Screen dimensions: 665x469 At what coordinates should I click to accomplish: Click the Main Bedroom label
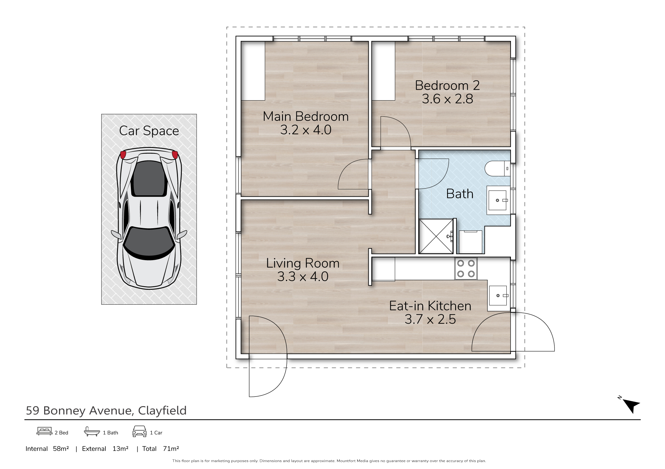pos(306,116)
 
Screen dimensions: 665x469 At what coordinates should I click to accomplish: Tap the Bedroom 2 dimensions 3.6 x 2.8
pos(447,99)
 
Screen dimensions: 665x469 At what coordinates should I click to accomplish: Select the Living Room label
pos(303,263)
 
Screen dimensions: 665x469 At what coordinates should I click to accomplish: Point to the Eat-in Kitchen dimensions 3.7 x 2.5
pos(430,319)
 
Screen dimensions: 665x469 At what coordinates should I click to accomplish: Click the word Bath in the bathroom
pos(460,194)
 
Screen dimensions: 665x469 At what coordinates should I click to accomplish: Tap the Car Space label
pos(149,131)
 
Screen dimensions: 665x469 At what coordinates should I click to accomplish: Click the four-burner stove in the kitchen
pos(466,269)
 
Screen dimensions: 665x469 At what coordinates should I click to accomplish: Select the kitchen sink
pos(499,296)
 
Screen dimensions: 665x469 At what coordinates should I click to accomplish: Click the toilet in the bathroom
pos(497,169)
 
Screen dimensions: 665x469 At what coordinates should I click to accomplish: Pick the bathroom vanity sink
pos(498,200)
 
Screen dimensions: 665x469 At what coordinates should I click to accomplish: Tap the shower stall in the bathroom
pos(436,236)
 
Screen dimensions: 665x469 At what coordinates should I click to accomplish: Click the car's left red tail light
pos(123,155)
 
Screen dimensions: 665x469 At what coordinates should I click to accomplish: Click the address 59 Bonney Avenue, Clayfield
pos(106,410)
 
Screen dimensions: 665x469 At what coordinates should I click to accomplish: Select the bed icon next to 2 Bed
pos(44,432)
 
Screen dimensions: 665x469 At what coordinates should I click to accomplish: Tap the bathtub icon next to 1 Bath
pos(92,432)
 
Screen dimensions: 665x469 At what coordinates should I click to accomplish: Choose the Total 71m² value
pos(171,449)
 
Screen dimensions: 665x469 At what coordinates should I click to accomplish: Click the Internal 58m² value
pos(61,449)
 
